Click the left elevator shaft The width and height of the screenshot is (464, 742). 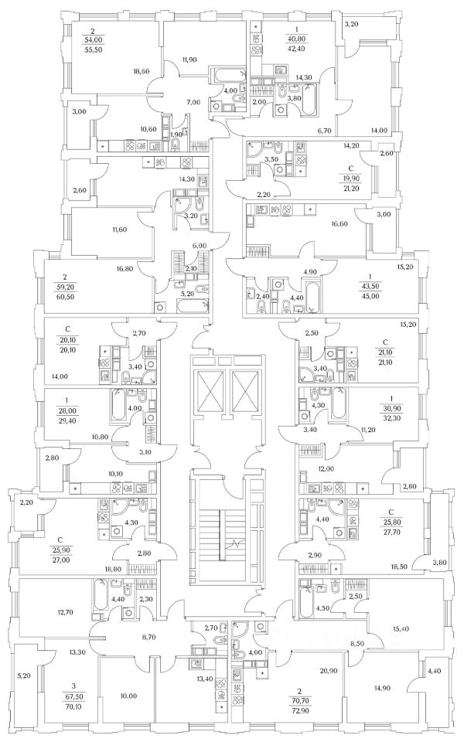click(x=210, y=394)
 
